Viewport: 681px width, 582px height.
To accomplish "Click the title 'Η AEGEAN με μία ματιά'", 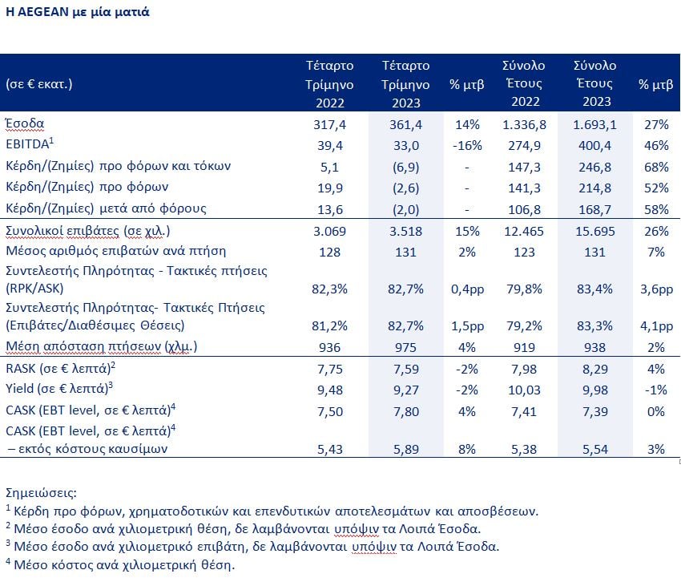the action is [x=77, y=12].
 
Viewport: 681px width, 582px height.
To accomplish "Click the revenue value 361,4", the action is [x=405, y=125].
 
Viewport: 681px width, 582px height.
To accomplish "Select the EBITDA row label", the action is [x=30, y=143].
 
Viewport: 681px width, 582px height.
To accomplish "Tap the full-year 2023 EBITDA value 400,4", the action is [x=594, y=146].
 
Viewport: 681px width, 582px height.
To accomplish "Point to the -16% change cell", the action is [x=467, y=146].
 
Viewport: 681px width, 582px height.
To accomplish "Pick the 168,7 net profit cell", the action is [x=594, y=210].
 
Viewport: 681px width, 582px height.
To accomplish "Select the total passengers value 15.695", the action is [x=595, y=231].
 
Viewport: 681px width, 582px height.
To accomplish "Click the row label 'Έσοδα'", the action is [x=25, y=124].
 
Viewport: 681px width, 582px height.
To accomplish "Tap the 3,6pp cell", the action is [x=656, y=289].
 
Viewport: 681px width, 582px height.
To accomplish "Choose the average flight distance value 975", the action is [x=405, y=348].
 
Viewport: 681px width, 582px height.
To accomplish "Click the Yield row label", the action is [x=59, y=388].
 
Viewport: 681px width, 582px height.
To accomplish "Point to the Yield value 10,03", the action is [x=524, y=390].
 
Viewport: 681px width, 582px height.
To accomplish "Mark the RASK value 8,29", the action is [x=594, y=370].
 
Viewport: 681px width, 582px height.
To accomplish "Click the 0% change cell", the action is [x=656, y=411].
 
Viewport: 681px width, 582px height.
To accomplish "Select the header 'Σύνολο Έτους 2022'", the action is [x=524, y=83].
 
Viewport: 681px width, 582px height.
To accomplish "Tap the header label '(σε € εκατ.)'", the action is [x=39, y=83].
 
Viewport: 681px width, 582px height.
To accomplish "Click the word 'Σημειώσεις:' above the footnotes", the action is [x=41, y=493].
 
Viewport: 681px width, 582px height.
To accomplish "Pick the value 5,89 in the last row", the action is [x=405, y=450].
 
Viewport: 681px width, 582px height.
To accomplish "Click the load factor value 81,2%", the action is [x=329, y=326].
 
